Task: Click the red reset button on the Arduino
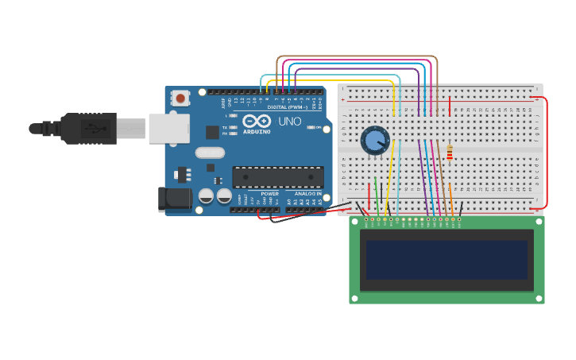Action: (181, 99)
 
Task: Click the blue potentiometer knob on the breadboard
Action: (374, 141)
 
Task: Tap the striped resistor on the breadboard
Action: (450, 153)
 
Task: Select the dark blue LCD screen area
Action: (446, 261)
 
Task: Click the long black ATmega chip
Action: (277, 177)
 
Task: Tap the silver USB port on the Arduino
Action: (168, 128)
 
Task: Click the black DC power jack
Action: (174, 199)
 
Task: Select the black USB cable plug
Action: (87, 128)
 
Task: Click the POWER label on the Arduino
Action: (270, 193)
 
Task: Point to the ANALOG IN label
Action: (308, 193)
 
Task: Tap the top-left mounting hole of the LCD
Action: (354, 223)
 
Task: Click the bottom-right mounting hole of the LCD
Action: (539, 298)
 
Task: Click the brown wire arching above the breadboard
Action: (358, 57)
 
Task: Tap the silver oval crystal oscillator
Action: (210, 153)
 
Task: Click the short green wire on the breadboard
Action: (376, 195)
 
